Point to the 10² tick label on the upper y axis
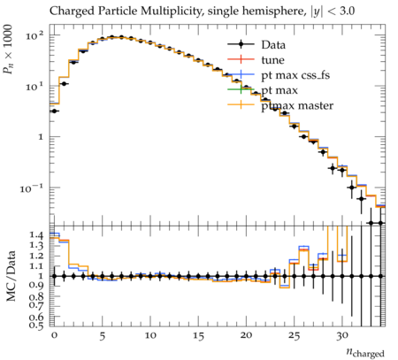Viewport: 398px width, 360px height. [34, 36]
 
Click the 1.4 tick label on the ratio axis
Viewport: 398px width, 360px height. [36, 235]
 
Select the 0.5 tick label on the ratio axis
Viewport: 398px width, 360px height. [36, 325]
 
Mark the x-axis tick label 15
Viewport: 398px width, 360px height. [198, 336]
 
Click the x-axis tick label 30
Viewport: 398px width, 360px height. [342, 336]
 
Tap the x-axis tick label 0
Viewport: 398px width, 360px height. [54, 336]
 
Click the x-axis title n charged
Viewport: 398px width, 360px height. [365, 352]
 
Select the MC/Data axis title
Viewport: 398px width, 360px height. [11, 276]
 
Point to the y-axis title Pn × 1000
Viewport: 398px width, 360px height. [8, 50]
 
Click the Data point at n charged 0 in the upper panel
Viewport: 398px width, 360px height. [54, 111]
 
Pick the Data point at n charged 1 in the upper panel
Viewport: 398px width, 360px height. [64, 84]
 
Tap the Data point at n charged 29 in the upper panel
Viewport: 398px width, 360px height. [333, 168]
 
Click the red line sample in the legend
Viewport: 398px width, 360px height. [241, 59]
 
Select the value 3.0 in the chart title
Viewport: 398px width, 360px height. [348, 11]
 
